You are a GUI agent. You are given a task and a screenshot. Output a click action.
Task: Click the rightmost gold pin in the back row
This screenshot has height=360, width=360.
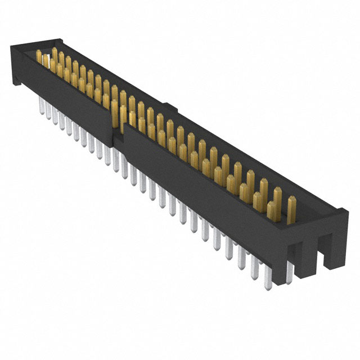291,204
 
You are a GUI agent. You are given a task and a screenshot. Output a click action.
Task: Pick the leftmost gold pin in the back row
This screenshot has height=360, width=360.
55,54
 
